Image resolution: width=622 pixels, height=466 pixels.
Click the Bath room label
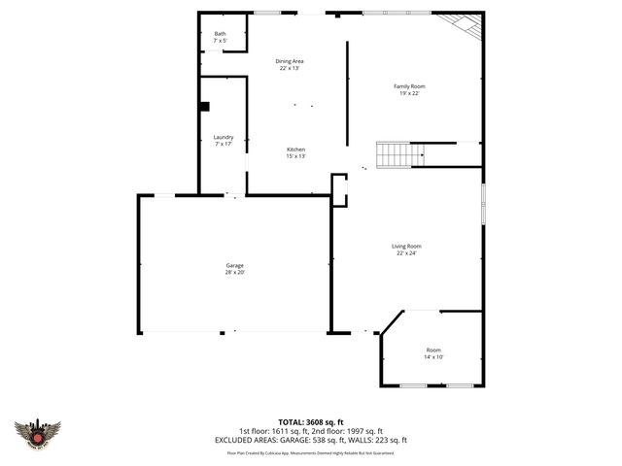[220, 34]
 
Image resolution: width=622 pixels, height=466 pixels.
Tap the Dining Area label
[289, 61]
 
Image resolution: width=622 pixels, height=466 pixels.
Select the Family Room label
[409, 86]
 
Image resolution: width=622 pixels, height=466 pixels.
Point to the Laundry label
[224, 137]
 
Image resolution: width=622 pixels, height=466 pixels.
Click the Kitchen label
[295, 150]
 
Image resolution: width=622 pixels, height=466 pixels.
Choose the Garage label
[235, 265]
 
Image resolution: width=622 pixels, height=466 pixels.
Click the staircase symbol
[396, 153]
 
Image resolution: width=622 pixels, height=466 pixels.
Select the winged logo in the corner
[38, 432]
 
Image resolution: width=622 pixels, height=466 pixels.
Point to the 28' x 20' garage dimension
[235, 273]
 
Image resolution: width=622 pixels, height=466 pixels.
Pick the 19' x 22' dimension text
[409, 93]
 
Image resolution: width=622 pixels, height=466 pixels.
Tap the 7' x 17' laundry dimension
[224, 144]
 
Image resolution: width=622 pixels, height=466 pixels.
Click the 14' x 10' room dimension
[432, 357]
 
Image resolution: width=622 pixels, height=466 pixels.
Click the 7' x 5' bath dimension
[220, 41]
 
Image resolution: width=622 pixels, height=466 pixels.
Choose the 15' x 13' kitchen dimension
[295, 156]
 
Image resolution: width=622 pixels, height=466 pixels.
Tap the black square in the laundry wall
[204, 108]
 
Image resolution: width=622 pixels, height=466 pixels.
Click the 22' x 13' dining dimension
[289, 68]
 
